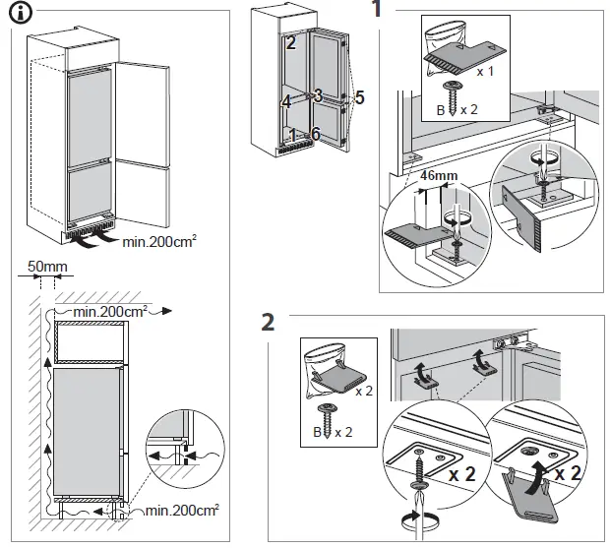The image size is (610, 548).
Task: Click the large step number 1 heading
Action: (x=377, y=12)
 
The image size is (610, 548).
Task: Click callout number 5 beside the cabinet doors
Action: (x=360, y=97)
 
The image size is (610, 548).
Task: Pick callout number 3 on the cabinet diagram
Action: (x=318, y=95)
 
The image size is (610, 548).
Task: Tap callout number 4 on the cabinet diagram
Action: (x=285, y=101)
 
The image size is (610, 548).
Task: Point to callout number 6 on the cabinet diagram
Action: (x=316, y=133)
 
